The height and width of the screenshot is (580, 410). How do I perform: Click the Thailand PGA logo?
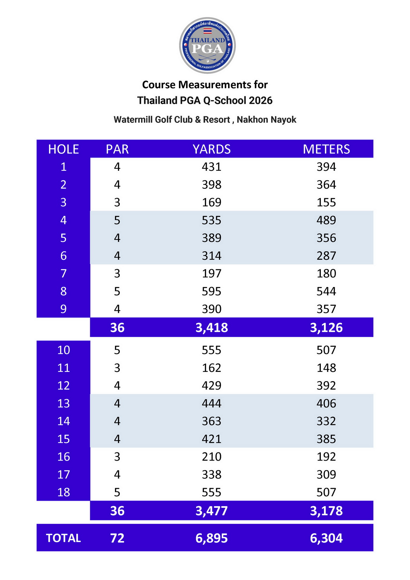[x=207, y=45]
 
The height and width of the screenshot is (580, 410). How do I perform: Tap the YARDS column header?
[x=212, y=149]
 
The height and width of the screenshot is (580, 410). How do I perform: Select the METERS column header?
[x=326, y=149]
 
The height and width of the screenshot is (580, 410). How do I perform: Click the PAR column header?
[x=117, y=149]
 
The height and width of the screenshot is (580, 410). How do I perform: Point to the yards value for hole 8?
[x=212, y=291]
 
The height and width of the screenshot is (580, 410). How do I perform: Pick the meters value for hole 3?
[x=326, y=202]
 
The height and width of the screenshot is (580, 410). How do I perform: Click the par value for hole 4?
[x=117, y=220]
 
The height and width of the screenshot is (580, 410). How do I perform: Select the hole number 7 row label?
[x=63, y=274]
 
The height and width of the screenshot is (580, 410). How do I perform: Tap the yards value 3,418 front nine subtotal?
[x=212, y=328]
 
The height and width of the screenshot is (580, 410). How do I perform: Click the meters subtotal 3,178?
[x=326, y=511]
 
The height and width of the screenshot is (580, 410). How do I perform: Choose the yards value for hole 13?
[x=212, y=403]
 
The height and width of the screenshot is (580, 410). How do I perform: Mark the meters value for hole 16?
[x=326, y=457]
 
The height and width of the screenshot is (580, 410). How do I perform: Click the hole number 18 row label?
[x=63, y=492]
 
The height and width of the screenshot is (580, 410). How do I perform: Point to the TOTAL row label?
[x=63, y=538]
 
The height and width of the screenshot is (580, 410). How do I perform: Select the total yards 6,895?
[x=212, y=538]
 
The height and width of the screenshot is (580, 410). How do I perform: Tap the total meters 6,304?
[x=326, y=538]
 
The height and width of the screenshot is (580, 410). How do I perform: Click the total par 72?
[x=117, y=538]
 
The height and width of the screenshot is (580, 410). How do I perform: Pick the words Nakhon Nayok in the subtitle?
[x=266, y=120]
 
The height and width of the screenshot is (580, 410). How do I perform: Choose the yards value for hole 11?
[x=212, y=368]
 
